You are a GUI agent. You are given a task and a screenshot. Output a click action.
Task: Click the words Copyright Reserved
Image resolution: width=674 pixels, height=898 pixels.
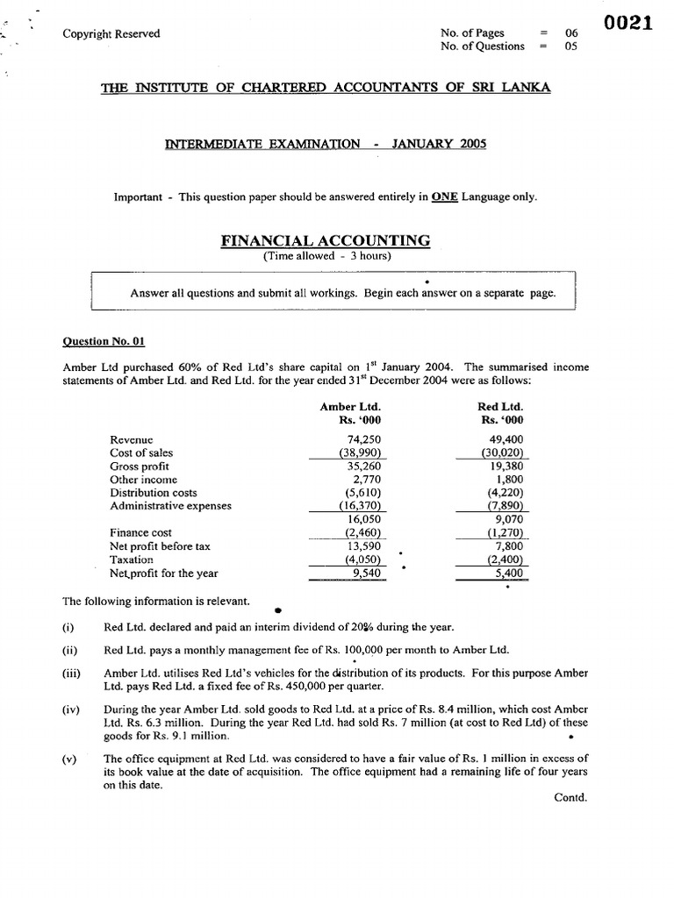tap(111, 34)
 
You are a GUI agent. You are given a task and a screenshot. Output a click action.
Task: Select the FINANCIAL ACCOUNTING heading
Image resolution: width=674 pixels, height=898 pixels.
tap(326, 239)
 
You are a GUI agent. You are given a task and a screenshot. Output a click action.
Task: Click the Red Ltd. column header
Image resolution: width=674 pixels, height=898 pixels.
tap(499, 407)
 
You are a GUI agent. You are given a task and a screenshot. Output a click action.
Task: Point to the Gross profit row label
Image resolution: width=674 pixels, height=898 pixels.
tap(140, 467)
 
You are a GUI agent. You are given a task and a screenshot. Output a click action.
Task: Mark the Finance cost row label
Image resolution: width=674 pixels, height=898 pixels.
tap(140, 532)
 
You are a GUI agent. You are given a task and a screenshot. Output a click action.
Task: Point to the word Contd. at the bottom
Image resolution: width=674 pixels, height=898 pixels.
tap(571, 797)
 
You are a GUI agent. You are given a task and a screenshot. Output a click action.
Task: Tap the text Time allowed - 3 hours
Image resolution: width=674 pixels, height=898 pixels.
tap(326, 256)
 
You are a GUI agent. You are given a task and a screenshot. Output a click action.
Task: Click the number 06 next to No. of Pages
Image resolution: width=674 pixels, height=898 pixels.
tap(571, 33)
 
